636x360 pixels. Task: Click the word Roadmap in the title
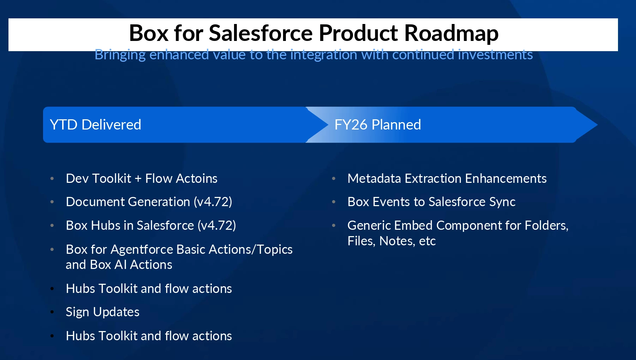[x=451, y=33]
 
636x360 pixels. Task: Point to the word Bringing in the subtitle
[x=120, y=55]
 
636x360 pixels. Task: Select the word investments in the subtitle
[x=495, y=55]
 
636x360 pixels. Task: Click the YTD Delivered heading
[x=95, y=125]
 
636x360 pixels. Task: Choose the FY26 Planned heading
[x=378, y=125]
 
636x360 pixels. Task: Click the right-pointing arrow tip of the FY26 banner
[x=597, y=125]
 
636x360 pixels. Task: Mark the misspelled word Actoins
[x=199, y=179]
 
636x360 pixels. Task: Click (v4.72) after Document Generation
[x=213, y=202]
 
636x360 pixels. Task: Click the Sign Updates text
[x=103, y=312]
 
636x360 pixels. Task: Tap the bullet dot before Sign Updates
[x=52, y=312]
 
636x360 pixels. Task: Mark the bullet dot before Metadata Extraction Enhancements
[x=334, y=179]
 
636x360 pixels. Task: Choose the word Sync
[x=502, y=202]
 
